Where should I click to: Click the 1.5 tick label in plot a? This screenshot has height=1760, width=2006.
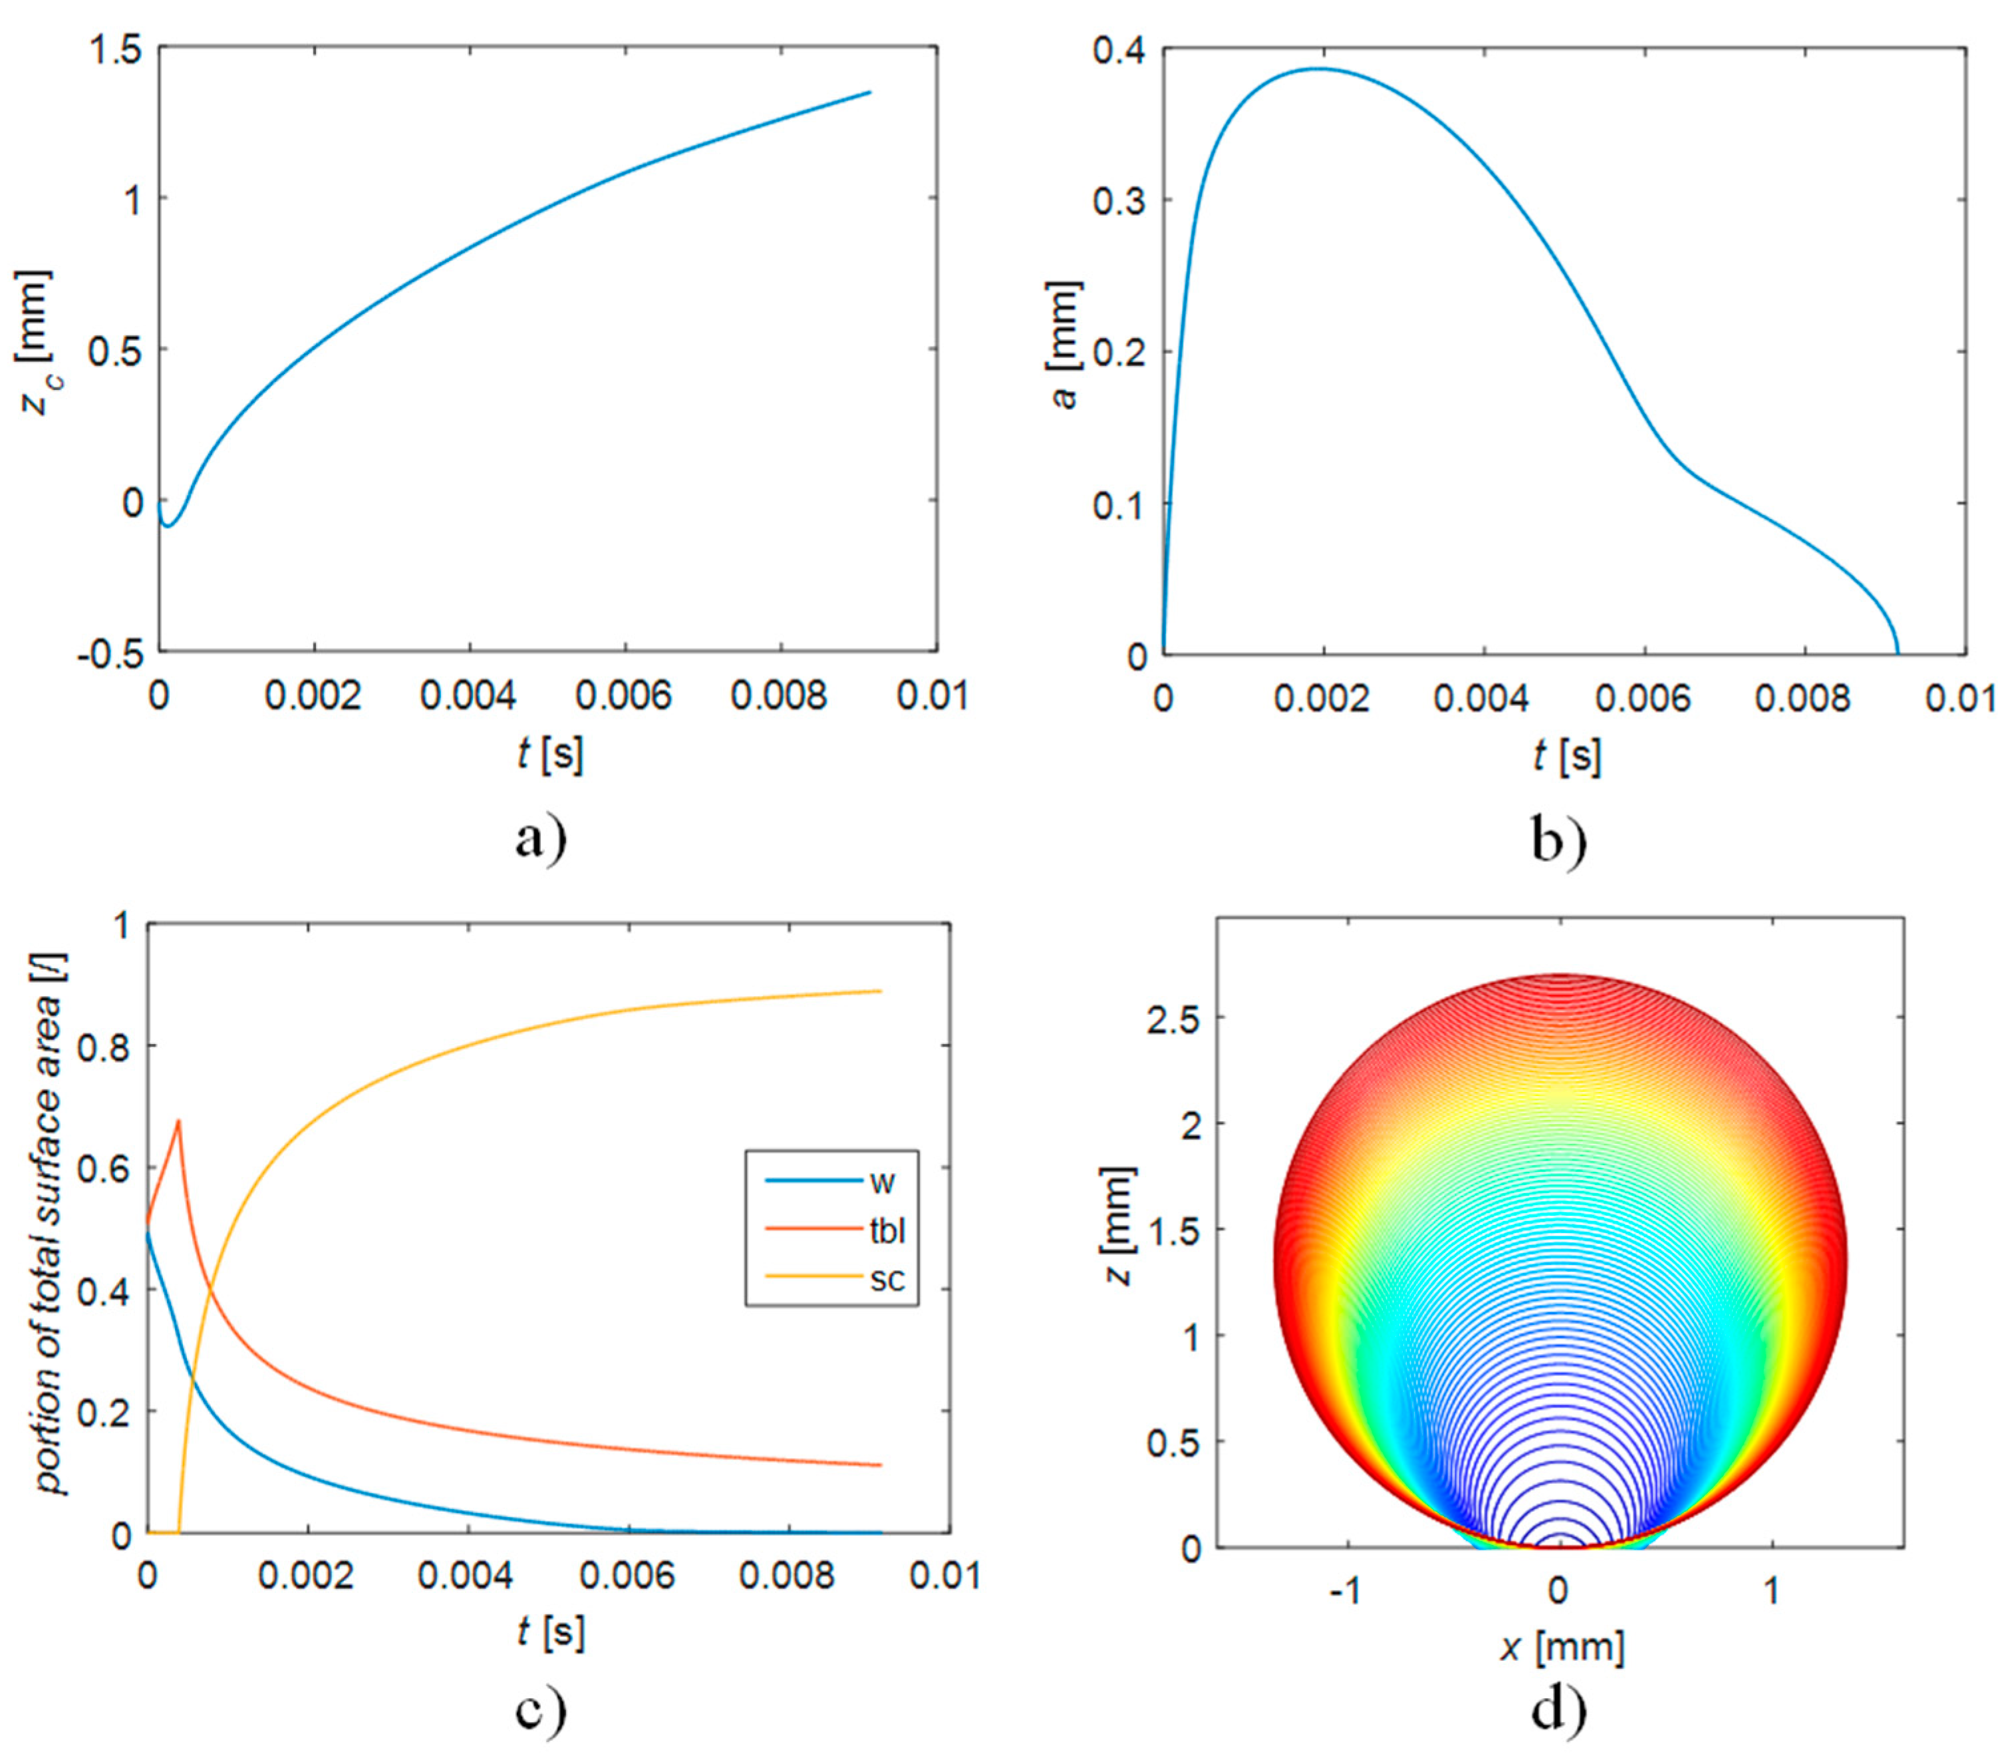click(x=116, y=49)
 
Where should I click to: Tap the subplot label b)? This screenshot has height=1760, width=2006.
click(x=1558, y=840)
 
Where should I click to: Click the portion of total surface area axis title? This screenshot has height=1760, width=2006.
click(x=51, y=1227)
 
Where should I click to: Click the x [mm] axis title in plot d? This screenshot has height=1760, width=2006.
click(x=1562, y=1646)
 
